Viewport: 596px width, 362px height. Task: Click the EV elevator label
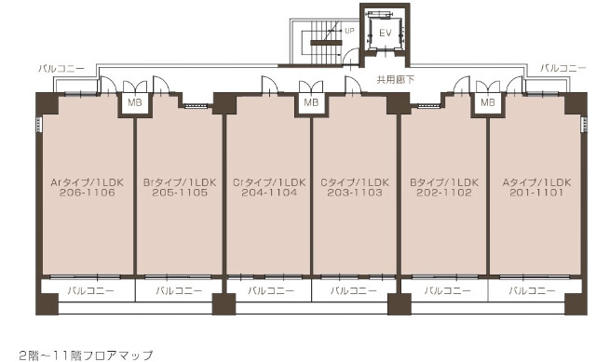click(x=385, y=34)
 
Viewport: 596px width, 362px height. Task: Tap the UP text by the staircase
click(x=349, y=31)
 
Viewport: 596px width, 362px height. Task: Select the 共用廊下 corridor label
click(x=395, y=80)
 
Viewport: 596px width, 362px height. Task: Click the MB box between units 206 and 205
click(x=135, y=102)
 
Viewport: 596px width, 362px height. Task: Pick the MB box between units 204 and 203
click(x=311, y=102)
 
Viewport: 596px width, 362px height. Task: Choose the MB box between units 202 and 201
click(x=488, y=102)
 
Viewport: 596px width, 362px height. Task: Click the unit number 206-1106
click(x=87, y=193)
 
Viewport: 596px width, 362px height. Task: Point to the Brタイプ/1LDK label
click(x=180, y=182)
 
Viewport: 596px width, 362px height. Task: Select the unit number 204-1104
click(x=269, y=193)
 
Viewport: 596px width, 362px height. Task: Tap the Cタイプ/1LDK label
click(x=355, y=182)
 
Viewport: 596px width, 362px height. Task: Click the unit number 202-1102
click(x=444, y=193)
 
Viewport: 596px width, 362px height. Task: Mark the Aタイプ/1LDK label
click(x=536, y=182)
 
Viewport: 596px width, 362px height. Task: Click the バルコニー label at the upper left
click(x=61, y=69)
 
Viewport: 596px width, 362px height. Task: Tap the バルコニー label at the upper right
click(x=563, y=68)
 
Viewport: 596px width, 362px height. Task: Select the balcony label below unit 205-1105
click(x=179, y=291)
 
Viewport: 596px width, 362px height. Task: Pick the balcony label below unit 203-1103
click(x=354, y=291)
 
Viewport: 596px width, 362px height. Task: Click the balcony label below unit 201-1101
click(x=532, y=291)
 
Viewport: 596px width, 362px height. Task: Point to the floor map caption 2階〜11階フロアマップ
click(x=86, y=355)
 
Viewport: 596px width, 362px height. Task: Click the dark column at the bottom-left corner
click(x=47, y=303)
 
